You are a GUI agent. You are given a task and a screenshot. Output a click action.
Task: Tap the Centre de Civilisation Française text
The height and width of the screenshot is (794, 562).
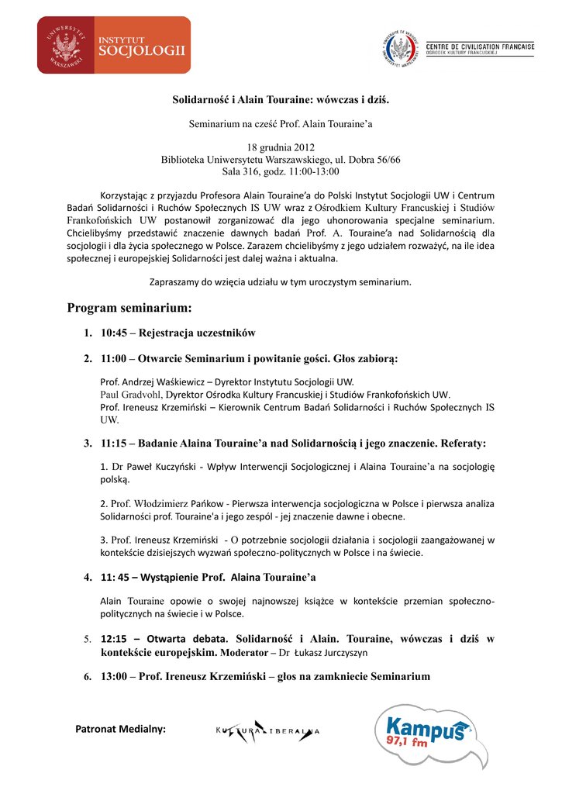tap(480, 47)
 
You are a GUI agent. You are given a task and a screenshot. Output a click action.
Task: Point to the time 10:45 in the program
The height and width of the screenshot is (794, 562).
tap(115, 333)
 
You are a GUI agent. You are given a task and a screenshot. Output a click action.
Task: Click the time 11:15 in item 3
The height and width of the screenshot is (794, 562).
tap(115, 444)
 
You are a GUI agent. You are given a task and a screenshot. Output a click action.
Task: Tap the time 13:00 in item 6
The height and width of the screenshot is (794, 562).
tap(115, 676)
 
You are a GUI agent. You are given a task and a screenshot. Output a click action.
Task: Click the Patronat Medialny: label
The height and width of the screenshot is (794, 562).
tap(126, 729)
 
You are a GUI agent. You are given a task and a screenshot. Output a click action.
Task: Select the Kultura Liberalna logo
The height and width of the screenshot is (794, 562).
tap(267, 730)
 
